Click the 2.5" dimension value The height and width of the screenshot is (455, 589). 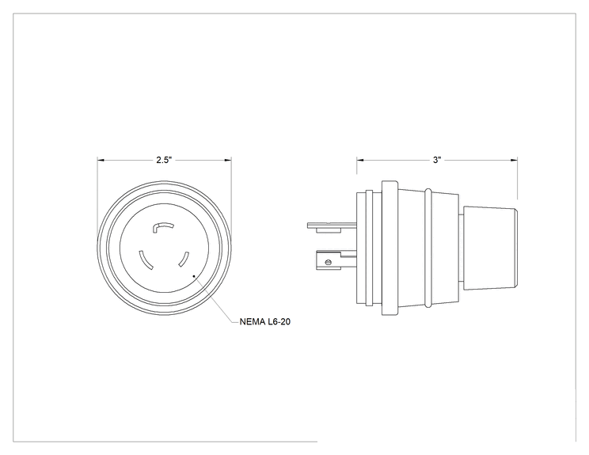164,160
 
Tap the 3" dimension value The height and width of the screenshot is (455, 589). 436,160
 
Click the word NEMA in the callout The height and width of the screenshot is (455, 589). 252,322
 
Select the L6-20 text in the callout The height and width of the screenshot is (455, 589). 279,322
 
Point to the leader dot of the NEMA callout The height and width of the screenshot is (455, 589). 194,276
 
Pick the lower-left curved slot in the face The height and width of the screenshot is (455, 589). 146,260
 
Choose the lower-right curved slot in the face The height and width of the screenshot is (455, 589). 184,259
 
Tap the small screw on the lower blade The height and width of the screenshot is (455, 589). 328,262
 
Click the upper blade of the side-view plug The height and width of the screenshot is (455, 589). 332,226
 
